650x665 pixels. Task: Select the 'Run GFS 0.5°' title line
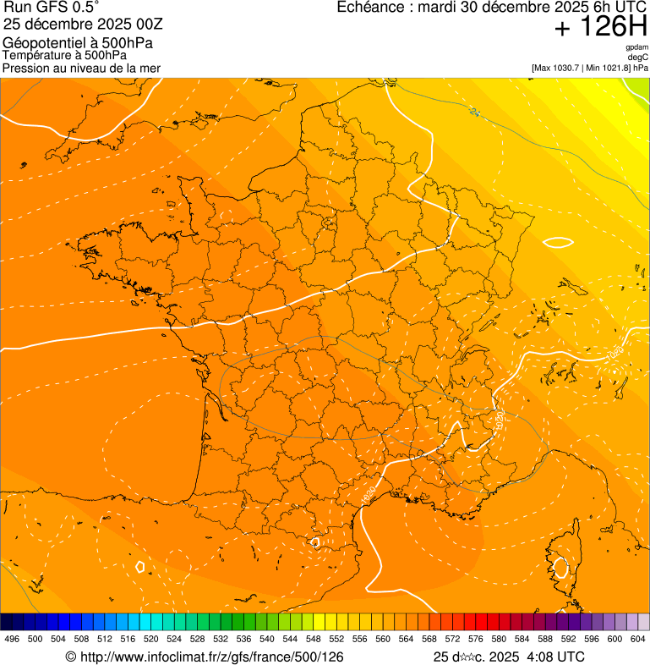click(52, 8)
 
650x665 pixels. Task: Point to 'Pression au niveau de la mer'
click(81, 68)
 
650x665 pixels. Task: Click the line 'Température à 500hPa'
click(64, 55)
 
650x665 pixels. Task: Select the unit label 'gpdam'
click(637, 47)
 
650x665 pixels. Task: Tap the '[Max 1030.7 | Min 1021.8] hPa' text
click(590, 67)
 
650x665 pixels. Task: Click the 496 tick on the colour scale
click(12, 639)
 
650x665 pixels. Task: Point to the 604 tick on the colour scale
click(637, 639)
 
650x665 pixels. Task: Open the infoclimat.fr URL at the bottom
click(205, 657)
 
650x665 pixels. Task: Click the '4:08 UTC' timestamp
click(554, 657)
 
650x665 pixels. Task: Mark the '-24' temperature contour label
click(474, 111)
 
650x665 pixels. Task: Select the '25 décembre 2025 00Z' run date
click(89, 24)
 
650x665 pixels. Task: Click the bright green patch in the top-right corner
click(640, 85)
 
